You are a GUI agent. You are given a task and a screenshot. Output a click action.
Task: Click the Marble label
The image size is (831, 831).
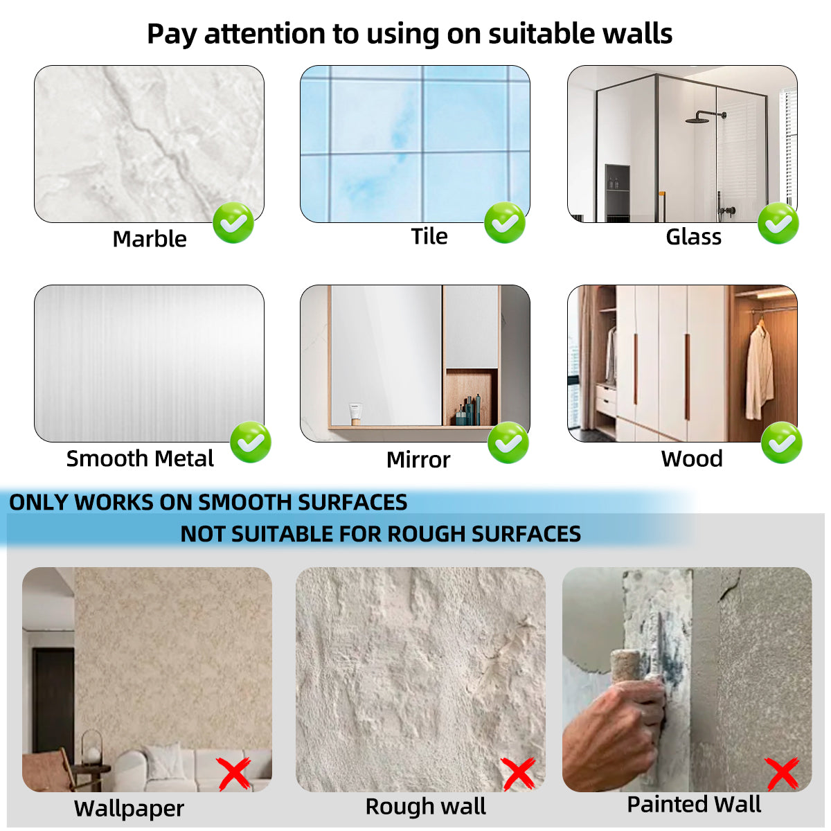click(x=150, y=239)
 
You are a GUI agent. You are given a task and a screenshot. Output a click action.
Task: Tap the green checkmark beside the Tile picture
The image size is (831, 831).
click(x=505, y=223)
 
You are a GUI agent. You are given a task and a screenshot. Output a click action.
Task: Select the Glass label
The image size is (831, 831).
click(x=693, y=237)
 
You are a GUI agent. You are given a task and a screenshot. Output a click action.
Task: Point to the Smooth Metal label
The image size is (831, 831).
click(x=140, y=458)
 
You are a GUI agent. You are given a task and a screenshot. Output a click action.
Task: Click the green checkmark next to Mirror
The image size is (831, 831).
click(x=508, y=443)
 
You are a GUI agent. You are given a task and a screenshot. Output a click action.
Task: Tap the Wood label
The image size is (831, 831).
click(x=692, y=458)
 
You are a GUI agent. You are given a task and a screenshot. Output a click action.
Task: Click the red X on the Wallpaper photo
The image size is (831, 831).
click(x=234, y=774)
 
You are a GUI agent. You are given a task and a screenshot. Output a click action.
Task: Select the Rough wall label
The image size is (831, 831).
click(x=425, y=807)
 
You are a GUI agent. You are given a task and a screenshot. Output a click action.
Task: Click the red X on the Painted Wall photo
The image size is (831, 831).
click(x=782, y=774)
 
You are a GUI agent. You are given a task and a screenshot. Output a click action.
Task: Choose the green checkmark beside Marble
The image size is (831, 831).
click(x=233, y=223)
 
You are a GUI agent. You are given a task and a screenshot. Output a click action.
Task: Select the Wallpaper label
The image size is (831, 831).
click(x=129, y=808)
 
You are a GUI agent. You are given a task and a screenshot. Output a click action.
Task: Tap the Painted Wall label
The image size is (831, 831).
click(x=693, y=805)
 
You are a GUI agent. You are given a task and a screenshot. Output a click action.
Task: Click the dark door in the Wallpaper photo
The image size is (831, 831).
click(x=53, y=699)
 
